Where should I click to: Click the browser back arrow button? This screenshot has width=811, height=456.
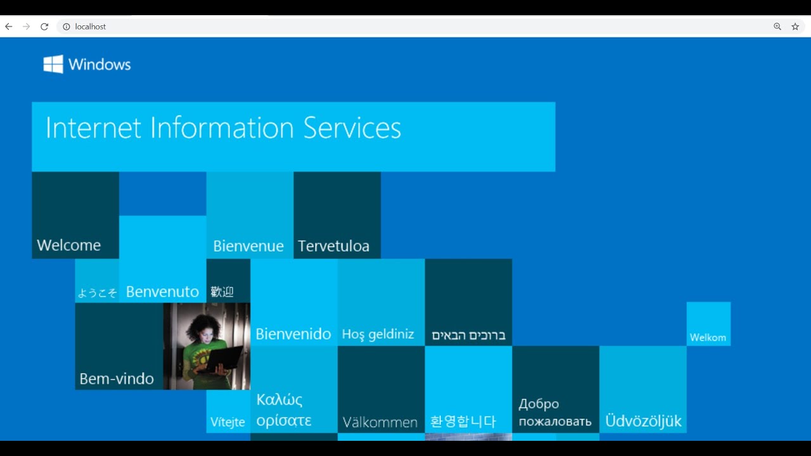pyautogui.click(x=9, y=27)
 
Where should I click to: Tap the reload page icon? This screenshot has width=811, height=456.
pyautogui.click(x=44, y=27)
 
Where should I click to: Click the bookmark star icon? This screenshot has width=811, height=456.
pyautogui.click(x=795, y=27)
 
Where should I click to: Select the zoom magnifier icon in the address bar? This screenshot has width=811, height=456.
pyautogui.click(x=777, y=27)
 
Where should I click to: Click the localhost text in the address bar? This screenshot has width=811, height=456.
pyautogui.click(x=90, y=27)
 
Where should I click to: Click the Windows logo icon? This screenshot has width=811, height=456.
pyautogui.click(x=53, y=64)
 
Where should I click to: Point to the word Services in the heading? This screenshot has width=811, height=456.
pyautogui.click(x=352, y=128)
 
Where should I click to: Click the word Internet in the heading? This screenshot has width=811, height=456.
pyautogui.click(x=93, y=128)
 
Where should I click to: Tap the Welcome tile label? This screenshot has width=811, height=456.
pyautogui.click(x=69, y=245)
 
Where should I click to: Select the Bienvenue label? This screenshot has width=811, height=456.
pyautogui.click(x=248, y=246)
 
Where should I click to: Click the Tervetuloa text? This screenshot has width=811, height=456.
pyautogui.click(x=333, y=246)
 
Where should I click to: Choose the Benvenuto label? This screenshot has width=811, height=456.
pyautogui.click(x=163, y=292)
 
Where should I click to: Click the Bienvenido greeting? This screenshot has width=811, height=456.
pyautogui.click(x=293, y=334)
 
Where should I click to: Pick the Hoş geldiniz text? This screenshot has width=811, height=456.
pyautogui.click(x=378, y=334)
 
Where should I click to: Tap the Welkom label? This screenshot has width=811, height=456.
pyautogui.click(x=708, y=338)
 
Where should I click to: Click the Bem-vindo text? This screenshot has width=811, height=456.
pyautogui.click(x=117, y=379)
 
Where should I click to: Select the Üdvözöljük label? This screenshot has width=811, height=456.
pyautogui.click(x=643, y=421)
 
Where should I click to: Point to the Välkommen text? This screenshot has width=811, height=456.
pyautogui.click(x=380, y=422)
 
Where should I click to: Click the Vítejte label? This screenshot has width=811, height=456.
pyautogui.click(x=227, y=422)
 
